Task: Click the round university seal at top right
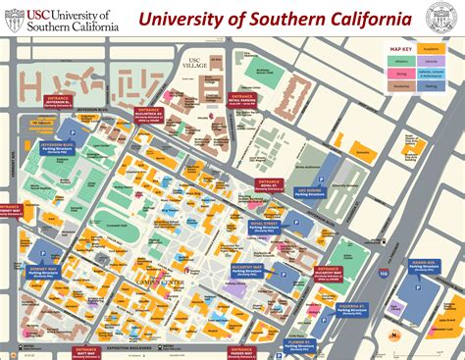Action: pyautogui.click(x=440, y=17)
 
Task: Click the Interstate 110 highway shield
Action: pyautogui.click(x=382, y=275)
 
